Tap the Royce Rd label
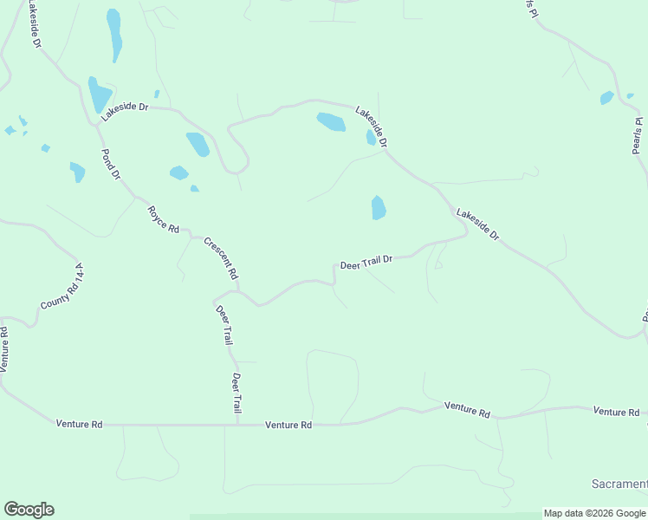[162, 219]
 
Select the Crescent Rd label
[220, 257]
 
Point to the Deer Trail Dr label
[366, 262]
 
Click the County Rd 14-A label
[63, 289]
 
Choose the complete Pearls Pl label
[638, 135]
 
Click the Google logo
[29, 510]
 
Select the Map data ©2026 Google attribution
[594, 513]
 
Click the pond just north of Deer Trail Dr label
[378, 207]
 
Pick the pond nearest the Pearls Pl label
[606, 98]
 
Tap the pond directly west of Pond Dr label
[78, 172]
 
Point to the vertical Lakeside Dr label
[33, 25]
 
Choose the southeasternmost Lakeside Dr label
[478, 224]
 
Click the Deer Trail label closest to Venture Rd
[236, 393]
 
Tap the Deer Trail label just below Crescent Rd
[224, 325]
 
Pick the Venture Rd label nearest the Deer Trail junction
[288, 425]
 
